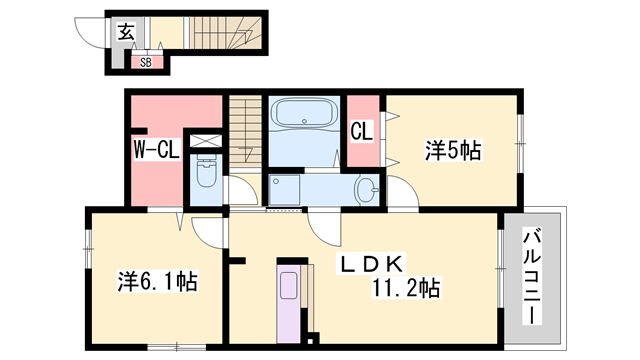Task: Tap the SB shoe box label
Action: coord(145,62)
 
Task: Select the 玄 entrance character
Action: coord(127,31)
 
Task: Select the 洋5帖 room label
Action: coord(454,151)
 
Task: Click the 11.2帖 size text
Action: coord(408,289)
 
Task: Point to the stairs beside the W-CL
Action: coord(244,130)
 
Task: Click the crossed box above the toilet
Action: coord(206,141)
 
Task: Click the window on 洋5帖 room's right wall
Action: coord(520,145)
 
